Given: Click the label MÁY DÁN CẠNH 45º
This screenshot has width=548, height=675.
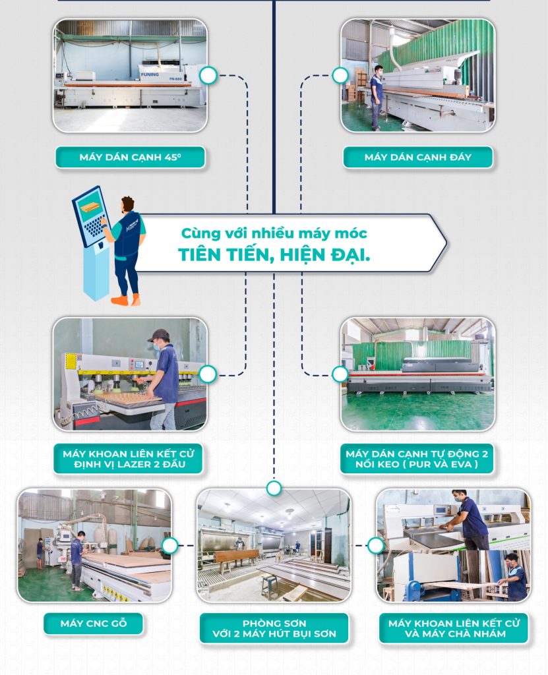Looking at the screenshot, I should (x=129, y=158).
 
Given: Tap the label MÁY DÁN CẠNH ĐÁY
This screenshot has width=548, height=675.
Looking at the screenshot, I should (x=418, y=158).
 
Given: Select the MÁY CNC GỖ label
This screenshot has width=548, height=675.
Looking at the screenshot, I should (x=93, y=624).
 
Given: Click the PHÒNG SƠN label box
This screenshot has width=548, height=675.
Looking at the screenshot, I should (x=274, y=628).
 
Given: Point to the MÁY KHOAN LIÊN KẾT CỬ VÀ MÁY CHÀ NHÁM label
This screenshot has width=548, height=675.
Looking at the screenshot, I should (x=453, y=628).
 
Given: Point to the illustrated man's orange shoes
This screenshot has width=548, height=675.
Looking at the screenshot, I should (x=126, y=300).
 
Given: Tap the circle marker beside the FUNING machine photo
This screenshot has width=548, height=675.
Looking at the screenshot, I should (x=208, y=75).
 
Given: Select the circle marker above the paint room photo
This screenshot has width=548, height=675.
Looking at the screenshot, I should (x=274, y=488).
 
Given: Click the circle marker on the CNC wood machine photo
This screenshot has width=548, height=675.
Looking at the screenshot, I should (x=169, y=545).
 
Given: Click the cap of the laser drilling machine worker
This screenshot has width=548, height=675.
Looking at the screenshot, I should (x=158, y=335).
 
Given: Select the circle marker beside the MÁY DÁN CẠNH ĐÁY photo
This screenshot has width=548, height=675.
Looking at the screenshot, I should (x=340, y=75).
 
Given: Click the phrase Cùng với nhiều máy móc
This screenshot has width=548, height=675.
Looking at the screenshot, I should (x=274, y=233).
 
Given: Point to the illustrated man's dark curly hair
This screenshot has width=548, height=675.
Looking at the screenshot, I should (x=127, y=203).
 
